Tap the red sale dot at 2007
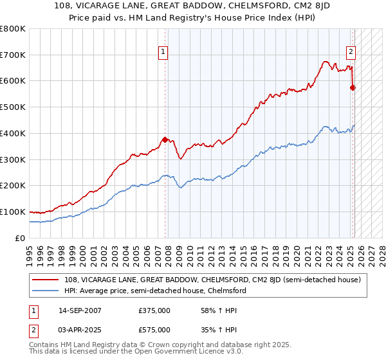pos(165,139)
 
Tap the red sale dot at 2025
pos(353,87)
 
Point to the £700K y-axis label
pos(13,55)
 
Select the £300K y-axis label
pos(13,159)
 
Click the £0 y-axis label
pos(19,238)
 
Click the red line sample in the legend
pos(46,280)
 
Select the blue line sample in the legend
pos(46,291)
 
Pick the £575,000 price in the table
pos(154,330)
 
